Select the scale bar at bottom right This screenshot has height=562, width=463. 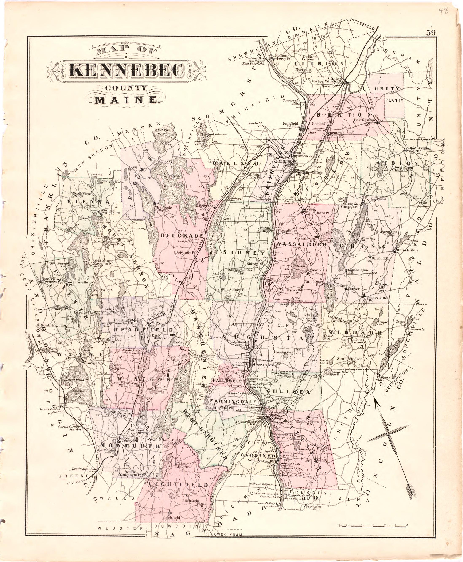(x=373, y=525)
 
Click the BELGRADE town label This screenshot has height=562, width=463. (x=182, y=236)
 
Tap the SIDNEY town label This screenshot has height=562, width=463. (x=244, y=253)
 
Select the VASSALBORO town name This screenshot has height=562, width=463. (x=302, y=244)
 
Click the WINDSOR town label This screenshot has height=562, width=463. (x=353, y=333)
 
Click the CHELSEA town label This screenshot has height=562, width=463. (x=288, y=392)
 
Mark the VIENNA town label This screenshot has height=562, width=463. (x=89, y=202)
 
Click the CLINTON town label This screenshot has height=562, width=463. (x=319, y=64)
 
